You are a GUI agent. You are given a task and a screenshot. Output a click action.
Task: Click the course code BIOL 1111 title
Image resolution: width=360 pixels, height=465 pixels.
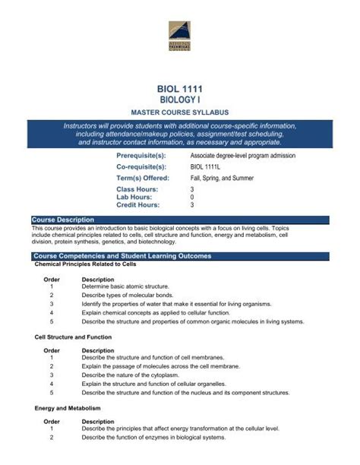180,89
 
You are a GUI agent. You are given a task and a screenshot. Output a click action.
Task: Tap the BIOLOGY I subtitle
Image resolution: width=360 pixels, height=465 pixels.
180,100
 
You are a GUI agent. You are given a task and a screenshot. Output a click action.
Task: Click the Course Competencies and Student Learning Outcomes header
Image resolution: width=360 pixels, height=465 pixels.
122,256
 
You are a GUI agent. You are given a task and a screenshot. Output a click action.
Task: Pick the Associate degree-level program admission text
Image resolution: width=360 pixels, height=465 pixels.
243,155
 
